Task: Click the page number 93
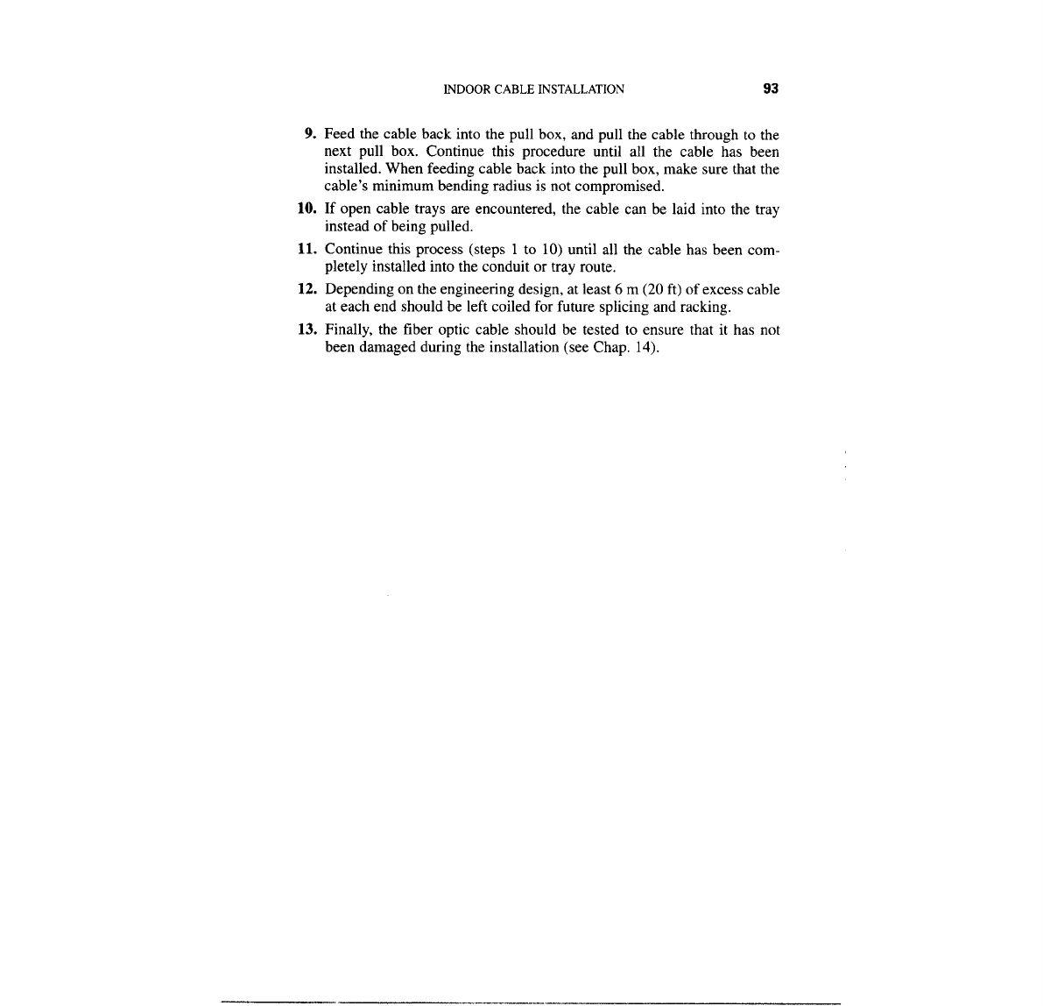pyautogui.click(x=771, y=89)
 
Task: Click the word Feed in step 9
pyautogui.click(x=340, y=135)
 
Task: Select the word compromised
pyautogui.click(x=624, y=187)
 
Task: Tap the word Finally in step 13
pyautogui.click(x=348, y=329)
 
